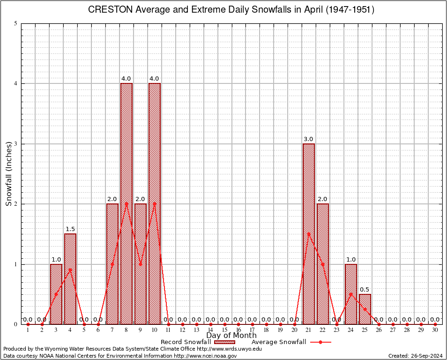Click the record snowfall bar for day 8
coord(127,203)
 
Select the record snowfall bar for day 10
coord(155,203)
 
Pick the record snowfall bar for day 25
coord(365,309)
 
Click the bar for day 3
coord(56,294)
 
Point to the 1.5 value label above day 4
coord(70,229)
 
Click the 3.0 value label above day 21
coord(309,139)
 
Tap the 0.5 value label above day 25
coord(365,289)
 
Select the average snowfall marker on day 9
coord(141,264)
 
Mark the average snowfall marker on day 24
coord(351,294)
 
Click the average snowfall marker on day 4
coord(70,270)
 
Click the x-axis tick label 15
coord(224,330)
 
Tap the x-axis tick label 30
coord(435,330)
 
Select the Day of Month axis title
coord(231,336)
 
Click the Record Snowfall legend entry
coord(186,342)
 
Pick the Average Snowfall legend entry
coord(279,342)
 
